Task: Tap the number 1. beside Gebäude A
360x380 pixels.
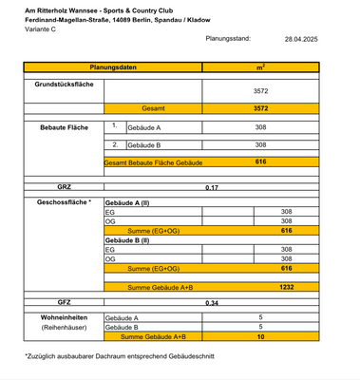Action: (114, 125)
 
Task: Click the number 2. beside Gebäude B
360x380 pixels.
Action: (114, 144)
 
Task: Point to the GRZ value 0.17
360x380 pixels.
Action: (212, 187)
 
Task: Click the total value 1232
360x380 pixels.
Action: (286, 286)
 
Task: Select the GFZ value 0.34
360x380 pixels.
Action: (212, 303)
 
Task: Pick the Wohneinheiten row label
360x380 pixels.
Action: (64, 317)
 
